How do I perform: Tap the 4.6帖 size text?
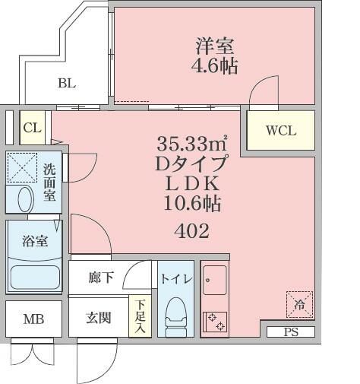coord(213,66)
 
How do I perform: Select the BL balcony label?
coord(67,84)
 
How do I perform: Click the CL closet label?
coord(32,128)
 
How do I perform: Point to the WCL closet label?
coord(280,130)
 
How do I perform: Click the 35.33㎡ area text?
coord(192,143)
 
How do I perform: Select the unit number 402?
coord(192,230)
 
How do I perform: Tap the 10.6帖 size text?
coord(192,203)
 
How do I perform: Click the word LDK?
coord(192,183)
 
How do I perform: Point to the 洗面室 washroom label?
coord(49,183)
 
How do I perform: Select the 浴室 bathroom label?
coord(35,242)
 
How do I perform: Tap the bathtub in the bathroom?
coord(34,277)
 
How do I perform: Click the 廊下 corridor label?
coord(100,278)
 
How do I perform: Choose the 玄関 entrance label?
coord(100,317)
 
